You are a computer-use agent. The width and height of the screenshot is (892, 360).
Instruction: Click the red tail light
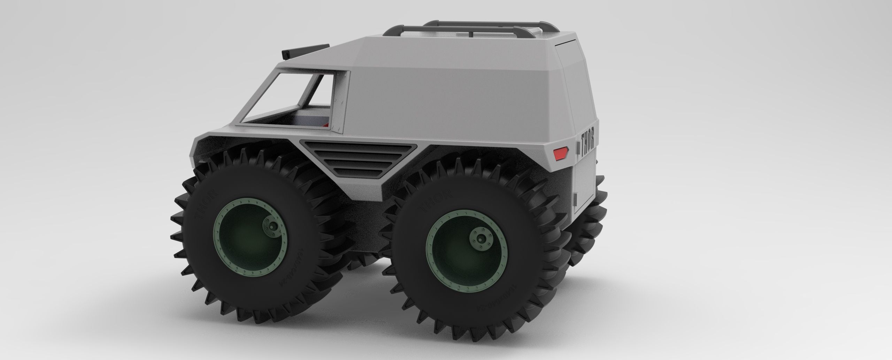tap(560, 152)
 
